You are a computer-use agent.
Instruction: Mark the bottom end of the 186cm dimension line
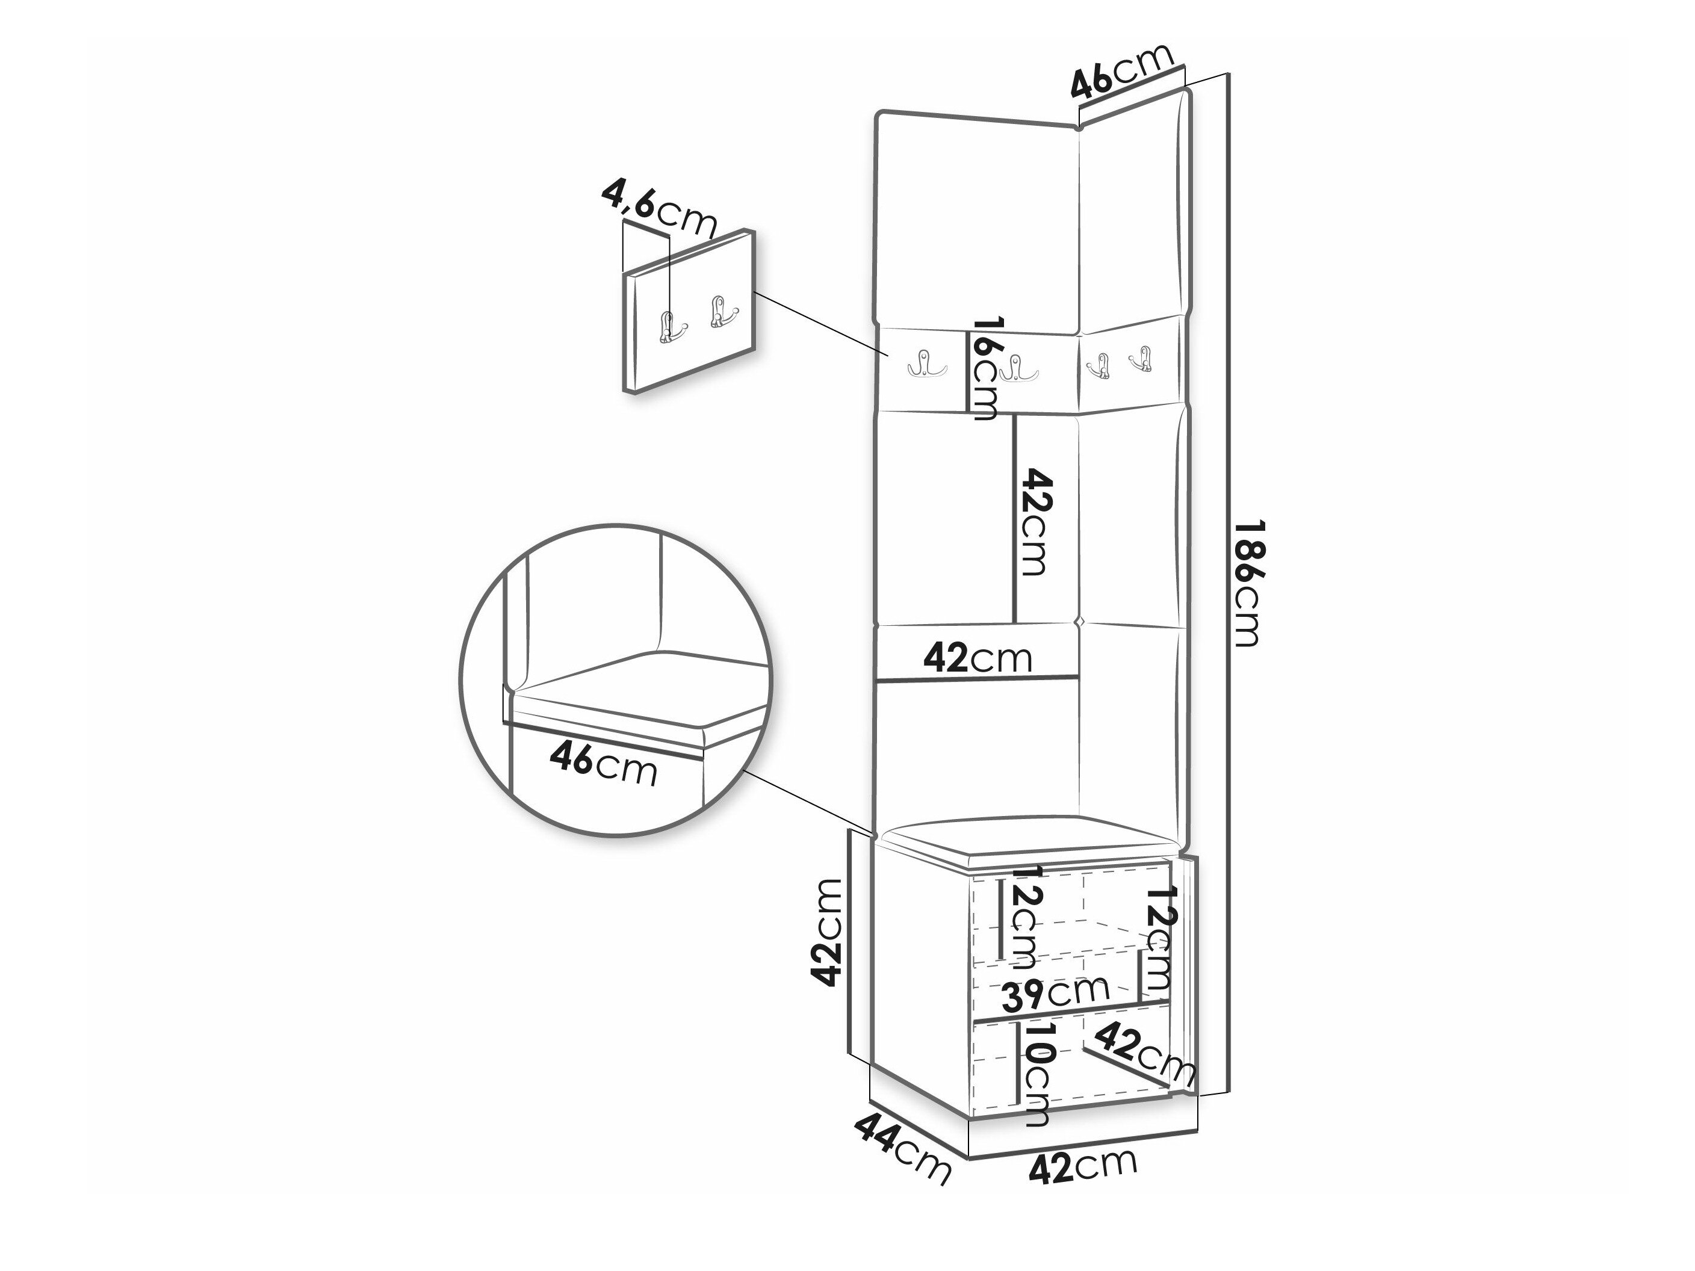[1229, 1089]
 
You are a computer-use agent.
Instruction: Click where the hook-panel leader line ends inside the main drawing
[889, 356]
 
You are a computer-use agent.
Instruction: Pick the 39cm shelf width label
[1056, 992]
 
